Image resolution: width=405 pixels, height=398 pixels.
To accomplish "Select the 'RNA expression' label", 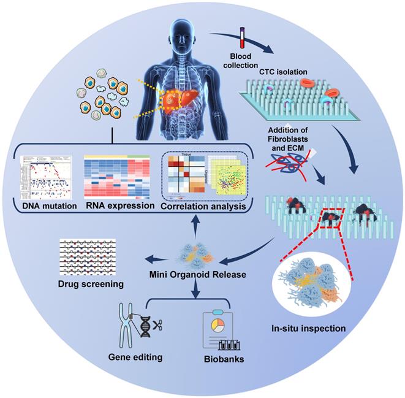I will (x=119, y=206).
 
